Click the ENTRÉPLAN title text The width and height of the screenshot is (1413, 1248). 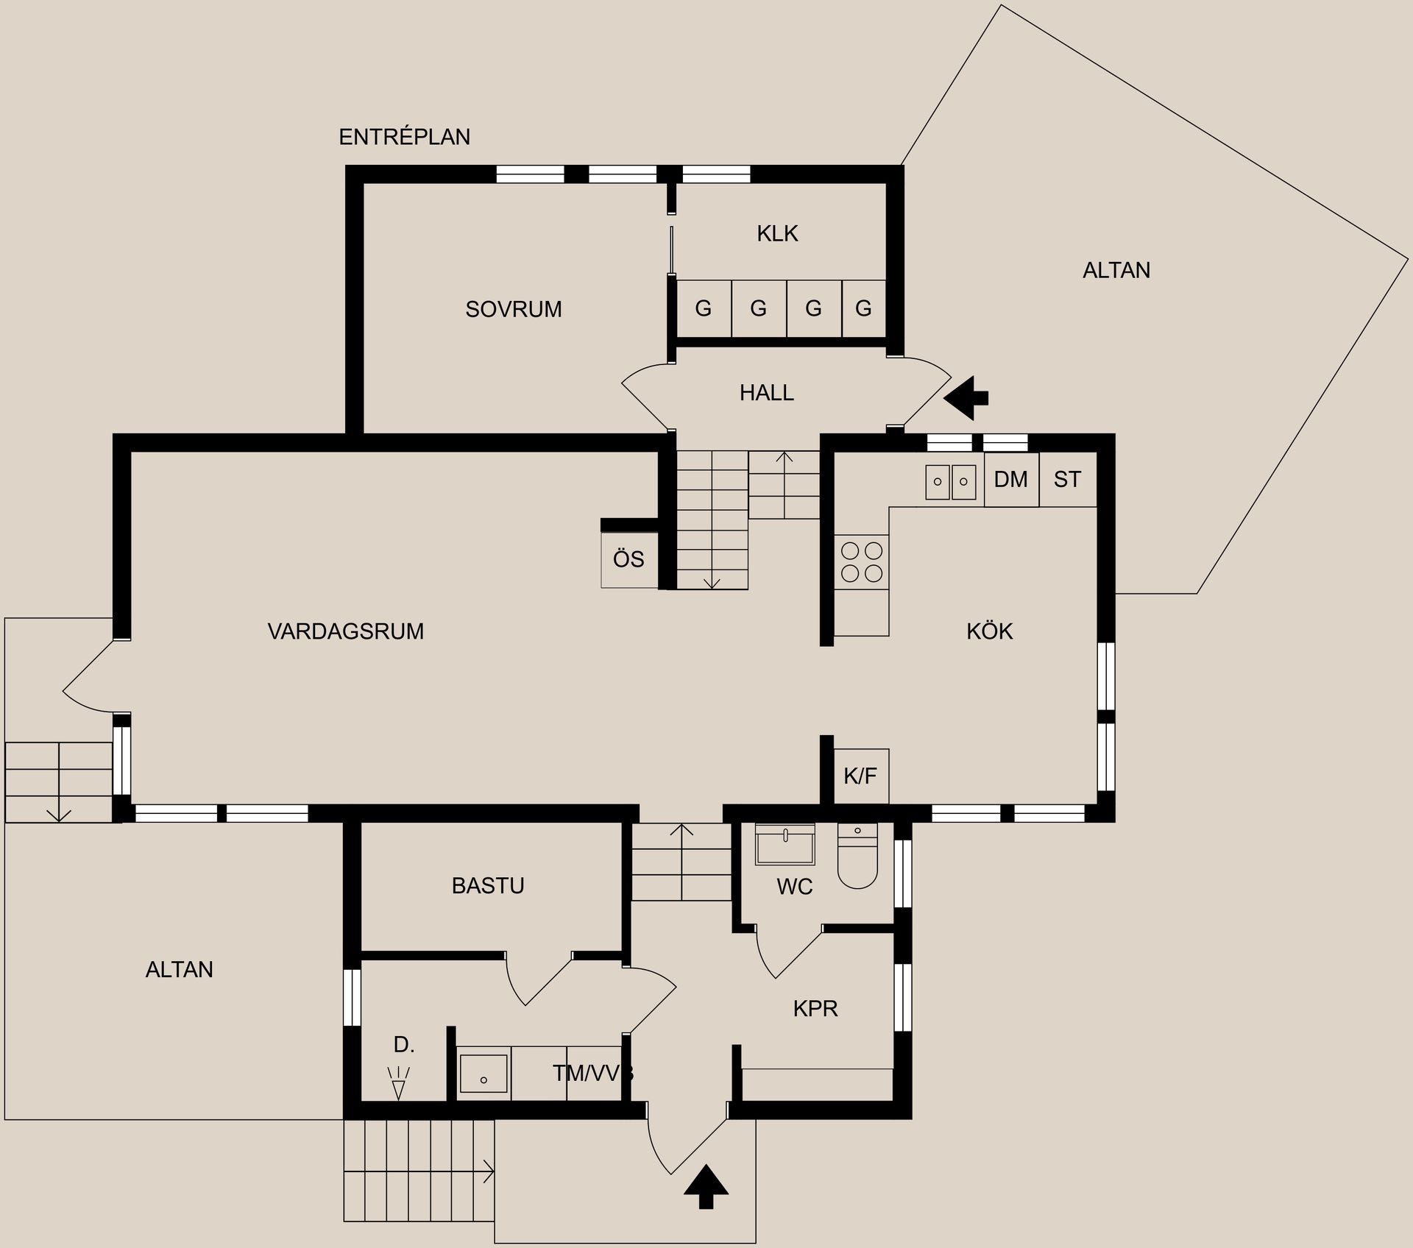pyautogui.click(x=404, y=137)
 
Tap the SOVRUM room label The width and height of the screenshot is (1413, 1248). pyautogui.click(x=514, y=309)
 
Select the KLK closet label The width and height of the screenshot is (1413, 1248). pyautogui.click(x=777, y=233)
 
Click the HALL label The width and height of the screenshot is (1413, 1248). pyautogui.click(x=767, y=393)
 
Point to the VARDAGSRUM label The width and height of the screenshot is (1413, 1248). pyautogui.click(x=346, y=631)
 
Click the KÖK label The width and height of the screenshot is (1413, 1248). pyautogui.click(x=990, y=631)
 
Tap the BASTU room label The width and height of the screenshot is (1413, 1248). pyautogui.click(x=488, y=885)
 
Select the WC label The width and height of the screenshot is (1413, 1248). pyautogui.click(x=795, y=887)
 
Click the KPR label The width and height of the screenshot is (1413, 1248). pyautogui.click(x=815, y=1008)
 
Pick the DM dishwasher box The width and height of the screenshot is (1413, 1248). pyautogui.click(x=1011, y=479)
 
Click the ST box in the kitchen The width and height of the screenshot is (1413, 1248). pyautogui.click(x=1068, y=479)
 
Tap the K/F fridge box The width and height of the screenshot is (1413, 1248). pyautogui.click(x=861, y=776)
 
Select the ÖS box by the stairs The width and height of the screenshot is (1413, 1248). pyautogui.click(x=629, y=559)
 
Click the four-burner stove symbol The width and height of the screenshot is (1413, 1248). pyautogui.click(x=862, y=561)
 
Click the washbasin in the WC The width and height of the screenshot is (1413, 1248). pyautogui.click(x=785, y=844)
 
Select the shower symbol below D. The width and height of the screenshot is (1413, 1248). pyautogui.click(x=398, y=1082)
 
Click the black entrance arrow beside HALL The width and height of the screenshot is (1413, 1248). pyautogui.click(x=966, y=398)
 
